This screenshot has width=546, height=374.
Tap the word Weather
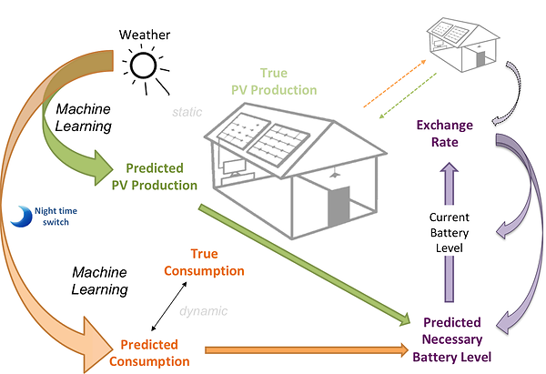tap(143, 35)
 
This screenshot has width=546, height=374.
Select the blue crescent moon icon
tap(25, 215)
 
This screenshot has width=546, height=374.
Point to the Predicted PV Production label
tap(154, 177)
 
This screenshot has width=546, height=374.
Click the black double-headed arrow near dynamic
tap(173, 306)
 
